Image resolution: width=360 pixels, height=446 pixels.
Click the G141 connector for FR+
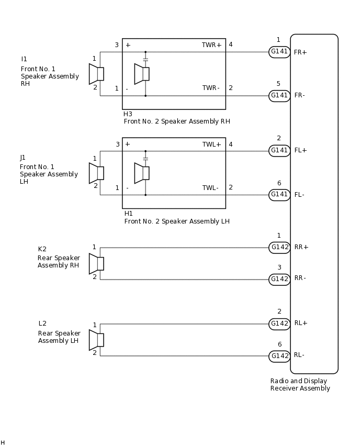click(279, 52)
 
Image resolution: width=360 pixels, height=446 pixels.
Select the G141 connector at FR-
click(279, 96)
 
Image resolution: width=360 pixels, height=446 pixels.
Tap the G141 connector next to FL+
click(279, 151)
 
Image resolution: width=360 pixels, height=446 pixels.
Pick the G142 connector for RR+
click(279, 248)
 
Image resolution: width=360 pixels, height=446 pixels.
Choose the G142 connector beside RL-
click(279, 356)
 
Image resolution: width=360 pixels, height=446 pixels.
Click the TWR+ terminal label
click(212, 45)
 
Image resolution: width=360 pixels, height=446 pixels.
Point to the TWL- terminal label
click(211, 188)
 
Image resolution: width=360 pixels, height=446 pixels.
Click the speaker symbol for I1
click(96, 74)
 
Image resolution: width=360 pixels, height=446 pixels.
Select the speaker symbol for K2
click(96, 263)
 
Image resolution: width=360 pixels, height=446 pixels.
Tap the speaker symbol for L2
click(96, 340)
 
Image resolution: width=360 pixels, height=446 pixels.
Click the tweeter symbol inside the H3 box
click(142, 74)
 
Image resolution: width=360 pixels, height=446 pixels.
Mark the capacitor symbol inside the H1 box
click(145, 158)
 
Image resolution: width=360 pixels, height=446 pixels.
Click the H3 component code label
click(128, 114)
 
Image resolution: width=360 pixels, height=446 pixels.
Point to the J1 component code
click(23, 158)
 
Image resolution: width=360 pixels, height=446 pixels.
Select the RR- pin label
click(300, 278)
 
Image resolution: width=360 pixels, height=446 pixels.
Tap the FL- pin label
click(299, 195)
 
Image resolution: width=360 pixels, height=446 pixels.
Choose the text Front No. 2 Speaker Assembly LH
click(177, 221)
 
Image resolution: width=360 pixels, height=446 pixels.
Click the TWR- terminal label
click(211, 88)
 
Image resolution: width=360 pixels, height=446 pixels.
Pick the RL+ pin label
click(301, 323)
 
